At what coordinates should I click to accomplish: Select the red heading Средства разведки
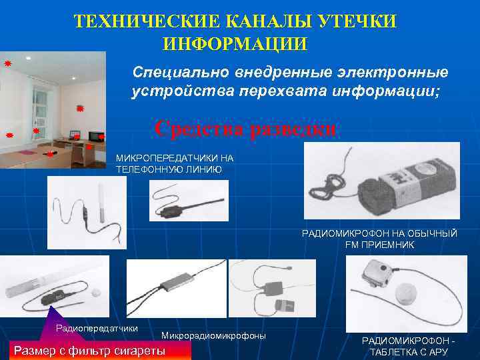pos(245,128)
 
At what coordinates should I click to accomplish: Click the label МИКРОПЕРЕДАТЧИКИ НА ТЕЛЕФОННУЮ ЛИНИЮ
pos(175,164)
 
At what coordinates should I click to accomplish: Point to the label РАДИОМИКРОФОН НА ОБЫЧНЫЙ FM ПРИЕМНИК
pos(380,239)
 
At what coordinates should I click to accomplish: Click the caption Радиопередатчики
pos(97,328)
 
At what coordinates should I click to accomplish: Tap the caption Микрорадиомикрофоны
pos(213,335)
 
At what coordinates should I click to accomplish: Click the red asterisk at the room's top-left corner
pos(7,63)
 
